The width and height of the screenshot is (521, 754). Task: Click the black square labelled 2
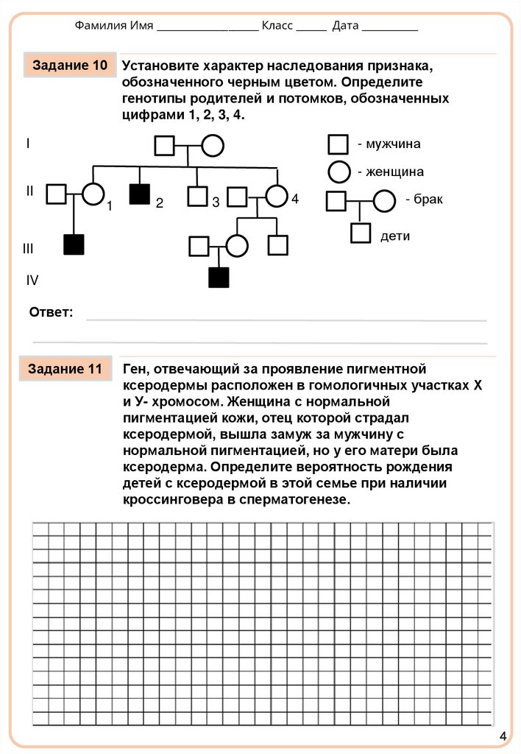139,194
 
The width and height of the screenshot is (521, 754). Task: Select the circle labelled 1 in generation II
92,194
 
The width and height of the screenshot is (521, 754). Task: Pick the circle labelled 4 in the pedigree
276,196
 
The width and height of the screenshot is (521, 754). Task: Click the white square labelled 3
197,197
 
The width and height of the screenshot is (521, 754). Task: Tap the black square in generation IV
219,278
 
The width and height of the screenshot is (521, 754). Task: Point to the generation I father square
165,146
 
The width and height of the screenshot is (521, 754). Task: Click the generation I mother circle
213,146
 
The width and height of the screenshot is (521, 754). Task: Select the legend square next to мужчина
339,145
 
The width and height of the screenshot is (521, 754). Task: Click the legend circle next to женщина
339,172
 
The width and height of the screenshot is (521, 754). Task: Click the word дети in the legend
395,236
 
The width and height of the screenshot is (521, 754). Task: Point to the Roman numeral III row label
28,249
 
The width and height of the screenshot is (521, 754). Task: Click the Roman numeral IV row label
32,280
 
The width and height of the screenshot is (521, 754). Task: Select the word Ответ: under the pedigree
51,313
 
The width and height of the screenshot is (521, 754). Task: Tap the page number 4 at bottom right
503,736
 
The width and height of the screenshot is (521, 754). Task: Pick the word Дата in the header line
345,26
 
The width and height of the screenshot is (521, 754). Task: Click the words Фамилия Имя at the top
114,26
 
